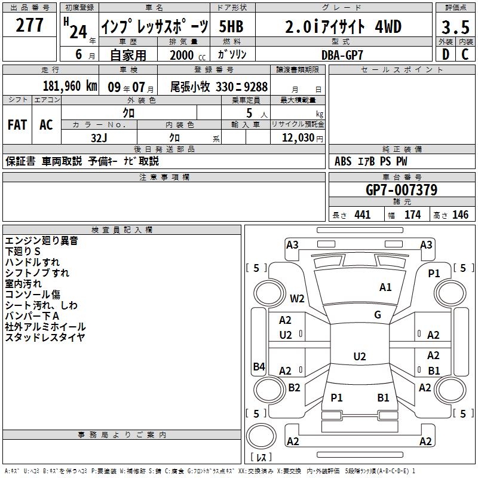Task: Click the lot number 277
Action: click(x=29, y=24)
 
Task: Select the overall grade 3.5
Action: click(x=455, y=27)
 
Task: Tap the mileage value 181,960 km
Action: click(x=70, y=86)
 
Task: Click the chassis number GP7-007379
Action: click(x=402, y=190)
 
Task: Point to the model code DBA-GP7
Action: click(x=342, y=55)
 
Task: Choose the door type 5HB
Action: click(x=231, y=27)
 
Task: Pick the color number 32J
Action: click(x=99, y=138)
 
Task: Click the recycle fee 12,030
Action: click(x=298, y=137)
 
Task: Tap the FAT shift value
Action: click(x=17, y=125)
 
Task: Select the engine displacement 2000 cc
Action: click(x=188, y=55)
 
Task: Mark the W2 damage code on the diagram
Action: click(x=297, y=298)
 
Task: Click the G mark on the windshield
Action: click(x=378, y=314)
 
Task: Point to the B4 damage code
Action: click(x=259, y=366)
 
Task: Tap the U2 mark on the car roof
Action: click(x=360, y=356)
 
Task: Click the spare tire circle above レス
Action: click(x=261, y=436)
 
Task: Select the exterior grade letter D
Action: click(x=446, y=54)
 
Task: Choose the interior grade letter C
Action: click(x=465, y=54)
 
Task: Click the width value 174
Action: click(x=412, y=215)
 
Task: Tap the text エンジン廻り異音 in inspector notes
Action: click(x=41, y=241)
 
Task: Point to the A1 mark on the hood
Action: click(x=385, y=287)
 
